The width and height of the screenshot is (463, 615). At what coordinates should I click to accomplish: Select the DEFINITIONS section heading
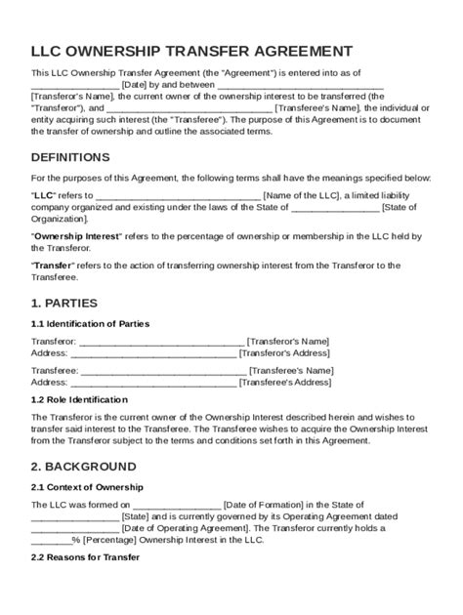[70, 157]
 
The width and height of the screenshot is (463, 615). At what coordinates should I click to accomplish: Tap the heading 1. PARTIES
[65, 303]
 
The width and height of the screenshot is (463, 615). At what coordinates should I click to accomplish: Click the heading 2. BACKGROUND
[84, 466]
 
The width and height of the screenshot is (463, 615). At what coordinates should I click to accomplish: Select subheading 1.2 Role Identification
[79, 399]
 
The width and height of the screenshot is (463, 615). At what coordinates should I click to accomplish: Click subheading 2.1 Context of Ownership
[87, 486]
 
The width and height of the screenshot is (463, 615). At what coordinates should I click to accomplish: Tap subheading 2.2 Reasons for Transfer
[85, 557]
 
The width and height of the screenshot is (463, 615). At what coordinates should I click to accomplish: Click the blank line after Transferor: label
[160, 342]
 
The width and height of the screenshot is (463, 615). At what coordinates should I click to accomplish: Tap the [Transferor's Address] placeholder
[284, 352]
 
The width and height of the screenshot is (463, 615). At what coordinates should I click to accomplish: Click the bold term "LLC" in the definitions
[42, 194]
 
